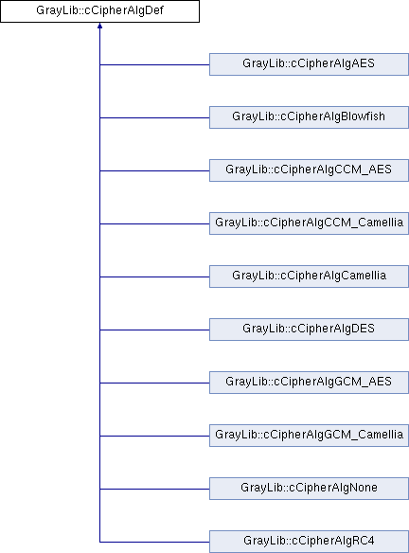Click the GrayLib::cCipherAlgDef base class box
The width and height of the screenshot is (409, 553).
tap(99, 11)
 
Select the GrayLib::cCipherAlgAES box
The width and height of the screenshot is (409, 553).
tap(309, 64)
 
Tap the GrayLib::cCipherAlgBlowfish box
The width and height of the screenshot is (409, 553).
tap(309, 117)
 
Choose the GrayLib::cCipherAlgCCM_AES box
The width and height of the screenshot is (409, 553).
tap(309, 170)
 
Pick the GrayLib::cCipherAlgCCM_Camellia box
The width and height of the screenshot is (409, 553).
tap(309, 223)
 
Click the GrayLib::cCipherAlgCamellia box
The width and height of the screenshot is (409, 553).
tap(309, 276)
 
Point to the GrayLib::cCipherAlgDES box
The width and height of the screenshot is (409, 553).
tap(309, 330)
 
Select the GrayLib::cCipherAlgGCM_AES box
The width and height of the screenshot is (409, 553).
tap(309, 383)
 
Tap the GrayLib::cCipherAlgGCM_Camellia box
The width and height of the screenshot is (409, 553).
tap(309, 436)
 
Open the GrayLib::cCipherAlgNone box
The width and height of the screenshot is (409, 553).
tap(309, 489)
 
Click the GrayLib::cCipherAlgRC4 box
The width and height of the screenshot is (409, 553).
tap(309, 542)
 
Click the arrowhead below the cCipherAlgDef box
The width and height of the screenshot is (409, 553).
tap(99, 26)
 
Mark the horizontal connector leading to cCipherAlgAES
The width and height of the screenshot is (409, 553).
tap(154, 65)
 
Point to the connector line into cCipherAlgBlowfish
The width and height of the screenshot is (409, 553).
tap(154, 117)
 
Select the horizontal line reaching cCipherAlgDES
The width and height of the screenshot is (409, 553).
tap(154, 330)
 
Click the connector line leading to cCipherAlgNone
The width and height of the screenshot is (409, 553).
tap(154, 490)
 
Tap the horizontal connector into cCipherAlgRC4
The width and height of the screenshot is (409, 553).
tap(154, 542)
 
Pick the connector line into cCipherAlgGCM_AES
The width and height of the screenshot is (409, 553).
tap(154, 383)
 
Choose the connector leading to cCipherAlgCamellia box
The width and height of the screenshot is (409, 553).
tap(154, 276)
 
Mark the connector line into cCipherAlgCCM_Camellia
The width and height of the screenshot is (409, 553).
tap(154, 224)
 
